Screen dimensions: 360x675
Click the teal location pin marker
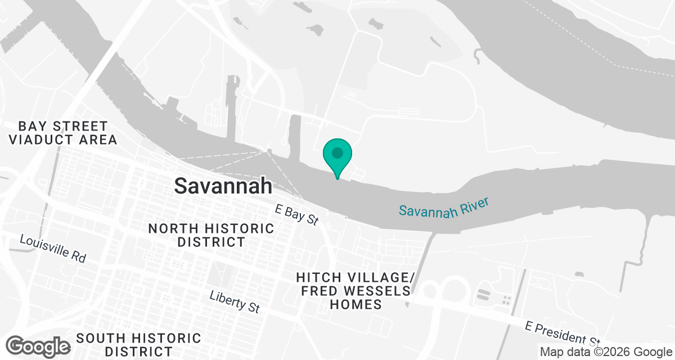pos(337,157)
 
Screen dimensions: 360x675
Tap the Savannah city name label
pos(223,186)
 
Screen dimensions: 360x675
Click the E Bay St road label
pos(297,215)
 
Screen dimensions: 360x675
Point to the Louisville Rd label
pos(52,248)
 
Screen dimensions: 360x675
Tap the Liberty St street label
pos(235,301)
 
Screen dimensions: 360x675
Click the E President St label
pos(562,333)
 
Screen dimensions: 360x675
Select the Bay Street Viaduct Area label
pos(62,133)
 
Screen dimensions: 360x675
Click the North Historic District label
pos(211,235)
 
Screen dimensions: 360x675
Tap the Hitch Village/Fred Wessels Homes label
pos(355,291)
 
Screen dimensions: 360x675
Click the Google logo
pos(38,346)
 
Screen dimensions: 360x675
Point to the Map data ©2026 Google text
pos(605,352)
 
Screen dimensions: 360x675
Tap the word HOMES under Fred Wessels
pos(355,304)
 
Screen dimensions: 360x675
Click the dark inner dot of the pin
pos(337,152)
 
